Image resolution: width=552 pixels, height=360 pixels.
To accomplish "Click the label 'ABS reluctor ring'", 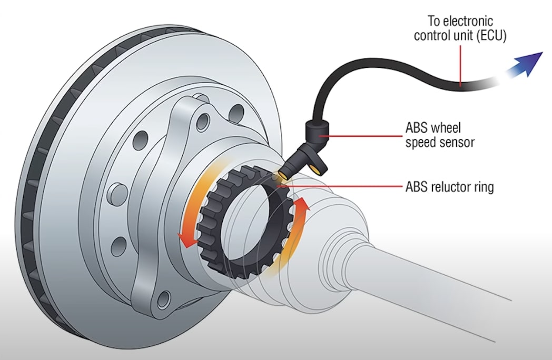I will click(449, 186).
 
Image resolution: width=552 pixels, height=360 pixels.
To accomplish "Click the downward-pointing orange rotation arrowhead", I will click(184, 239).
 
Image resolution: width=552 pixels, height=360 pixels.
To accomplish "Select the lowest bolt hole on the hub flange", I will click(163, 300).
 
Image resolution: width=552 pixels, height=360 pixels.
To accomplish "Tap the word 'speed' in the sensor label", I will click(419, 142).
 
